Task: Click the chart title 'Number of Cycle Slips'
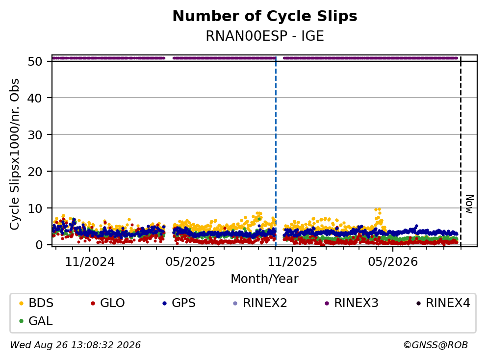[x=265, y=16]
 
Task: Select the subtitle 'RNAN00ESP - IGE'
[x=265, y=36]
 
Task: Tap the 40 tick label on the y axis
[x=35, y=98]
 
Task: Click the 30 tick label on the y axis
[x=35, y=135]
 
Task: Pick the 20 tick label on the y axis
[x=35, y=172]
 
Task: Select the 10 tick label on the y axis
[x=35, y=208]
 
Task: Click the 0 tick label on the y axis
[x=39, y=245]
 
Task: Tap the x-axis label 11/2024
[x=90, y=262]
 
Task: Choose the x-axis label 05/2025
[x=190, y=262]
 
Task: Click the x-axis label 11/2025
[x=292, y=262]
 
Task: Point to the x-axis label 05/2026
[x=393, y=262]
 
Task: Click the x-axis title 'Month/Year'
[x=265, y=279]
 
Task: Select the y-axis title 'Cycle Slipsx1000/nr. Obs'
[x=15, y=154]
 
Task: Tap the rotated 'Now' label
[x=470, y=204]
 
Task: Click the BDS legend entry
[x=36, y=303]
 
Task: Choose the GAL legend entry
[x=36, y=321]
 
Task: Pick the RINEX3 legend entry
[x=352, y=303]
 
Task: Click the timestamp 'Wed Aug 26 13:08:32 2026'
[x=76, y=345]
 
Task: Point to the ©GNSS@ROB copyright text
[x=436, y=345]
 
